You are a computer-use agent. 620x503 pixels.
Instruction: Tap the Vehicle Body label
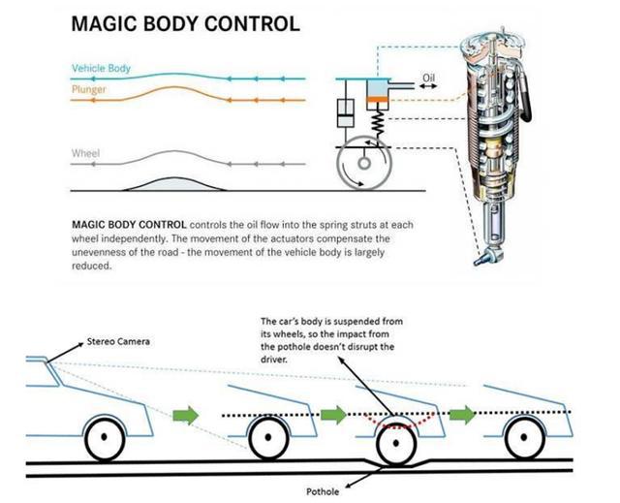[x=102, y=69]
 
